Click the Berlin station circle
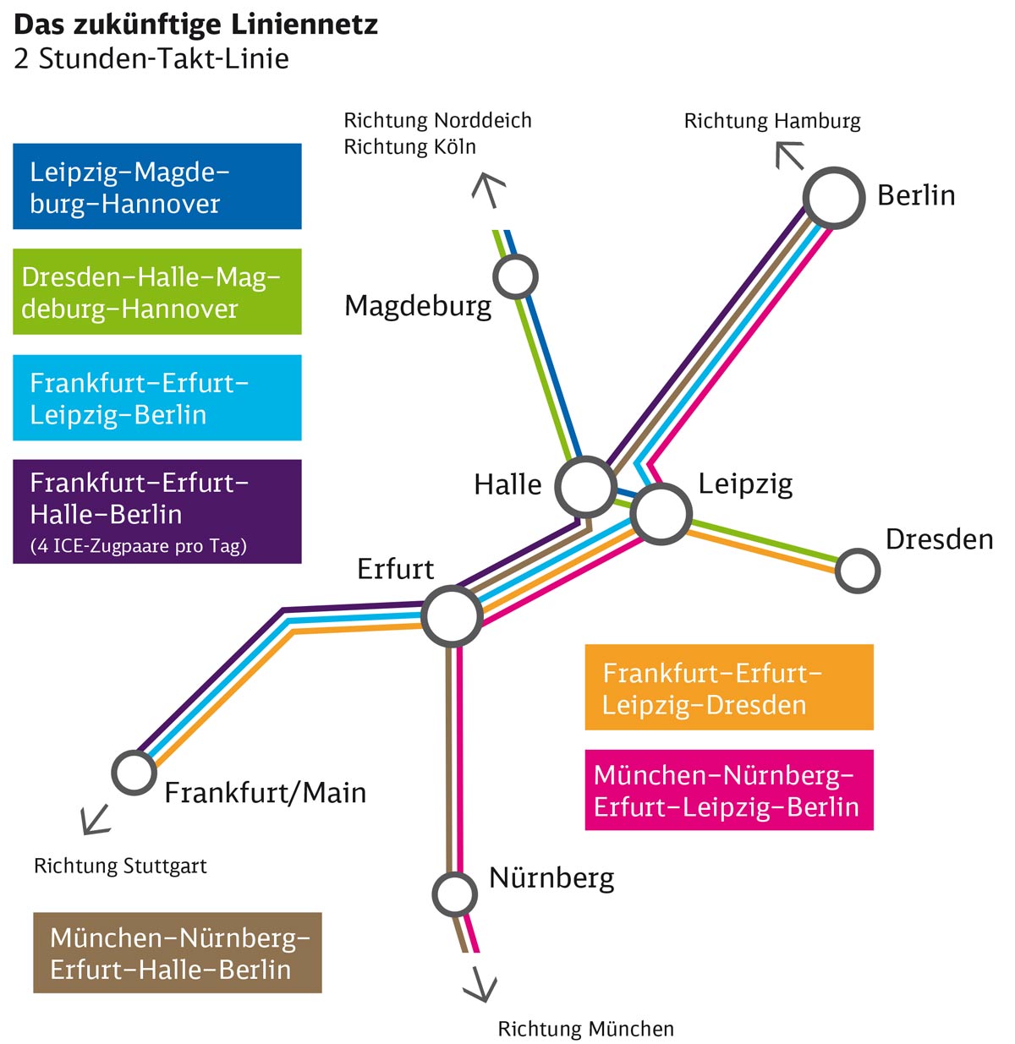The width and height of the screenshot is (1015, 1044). click(x=834, y=198)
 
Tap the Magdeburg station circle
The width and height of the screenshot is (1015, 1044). click(x=515, y=276)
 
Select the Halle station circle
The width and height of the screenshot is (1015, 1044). click(x=585, y=486)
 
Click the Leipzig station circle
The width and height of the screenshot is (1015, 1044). click(x=661, y=513)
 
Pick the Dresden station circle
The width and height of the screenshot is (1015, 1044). click(x=858, y=571)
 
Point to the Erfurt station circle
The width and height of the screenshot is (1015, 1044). click(x=452, y=616)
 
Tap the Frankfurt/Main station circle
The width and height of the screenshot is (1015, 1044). click(x=134, y=772)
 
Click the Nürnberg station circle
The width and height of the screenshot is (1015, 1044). click(x=455, y=894)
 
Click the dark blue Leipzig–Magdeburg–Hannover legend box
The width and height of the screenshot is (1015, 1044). click(x=157, y=187)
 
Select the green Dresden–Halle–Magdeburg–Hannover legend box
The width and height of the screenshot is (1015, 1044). click(x=157, y=292)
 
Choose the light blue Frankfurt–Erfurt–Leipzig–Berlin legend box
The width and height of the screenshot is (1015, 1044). click(x=157, y=397)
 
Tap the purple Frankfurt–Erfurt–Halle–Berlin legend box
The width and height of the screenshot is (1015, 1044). click(x=157, y=511)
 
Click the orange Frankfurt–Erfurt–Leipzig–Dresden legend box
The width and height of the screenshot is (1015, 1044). click(x=729, y=687)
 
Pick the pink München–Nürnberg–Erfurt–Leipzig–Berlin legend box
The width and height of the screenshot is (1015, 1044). click(x=729, y=790)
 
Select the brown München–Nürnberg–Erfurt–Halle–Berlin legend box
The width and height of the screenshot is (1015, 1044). click(x=178, y=953)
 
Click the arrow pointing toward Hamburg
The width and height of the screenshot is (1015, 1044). click(x=789, y=156)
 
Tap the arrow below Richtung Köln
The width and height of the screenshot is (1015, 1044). click(x=488, y=189)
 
